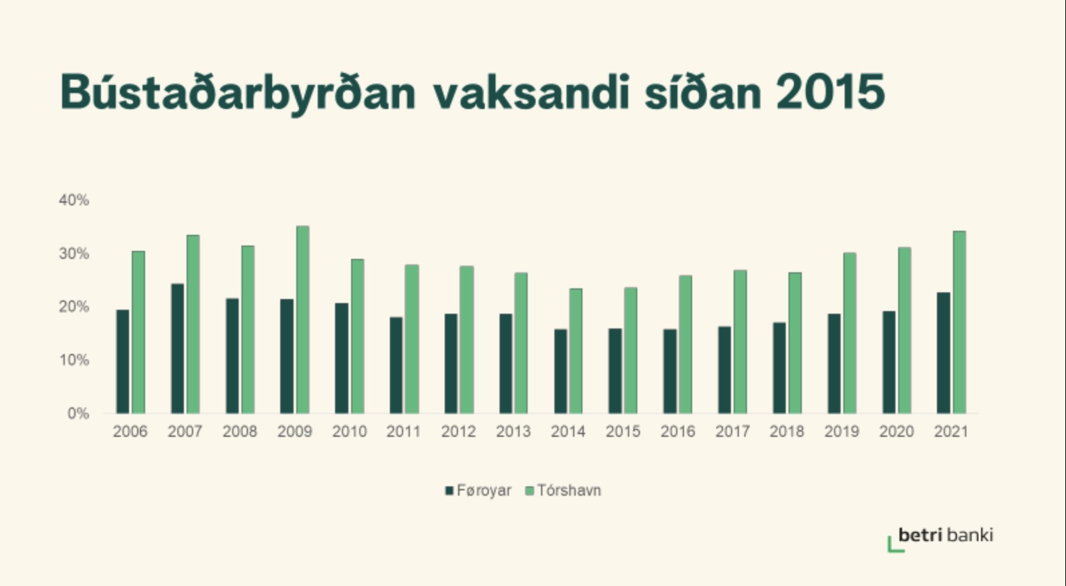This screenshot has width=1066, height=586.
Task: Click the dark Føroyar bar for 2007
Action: pos(177,349)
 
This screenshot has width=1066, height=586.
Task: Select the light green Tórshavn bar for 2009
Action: pos(303,319)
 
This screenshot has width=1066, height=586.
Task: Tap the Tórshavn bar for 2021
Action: pos(960,322)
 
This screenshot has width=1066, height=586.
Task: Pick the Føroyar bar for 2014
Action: pos(560,371)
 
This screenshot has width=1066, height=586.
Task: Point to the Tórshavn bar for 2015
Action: pos(631,351)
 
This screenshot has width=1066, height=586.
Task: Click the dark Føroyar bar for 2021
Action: pos(943,353)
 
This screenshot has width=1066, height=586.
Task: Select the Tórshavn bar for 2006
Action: pos(138,332)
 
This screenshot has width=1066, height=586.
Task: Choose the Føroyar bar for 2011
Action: pos(396,365)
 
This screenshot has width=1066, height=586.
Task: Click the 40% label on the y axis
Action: pos(74,200)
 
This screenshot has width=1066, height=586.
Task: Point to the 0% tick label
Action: pos(78,413)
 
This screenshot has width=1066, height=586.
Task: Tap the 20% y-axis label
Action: pos(74,306)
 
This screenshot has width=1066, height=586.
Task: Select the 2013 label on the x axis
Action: pos(513,431)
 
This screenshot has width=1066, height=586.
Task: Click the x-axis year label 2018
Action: pos(786,431)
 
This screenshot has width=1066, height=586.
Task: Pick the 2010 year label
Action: pos(349,431)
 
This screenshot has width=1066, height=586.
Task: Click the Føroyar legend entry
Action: pos(478,490)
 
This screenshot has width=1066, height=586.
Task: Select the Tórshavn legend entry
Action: pos(563,490)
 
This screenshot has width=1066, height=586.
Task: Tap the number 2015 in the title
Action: pos(831,92)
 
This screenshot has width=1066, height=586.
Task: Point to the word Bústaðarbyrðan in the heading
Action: pos(238,94)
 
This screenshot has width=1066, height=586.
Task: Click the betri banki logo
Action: pos(940,539)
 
